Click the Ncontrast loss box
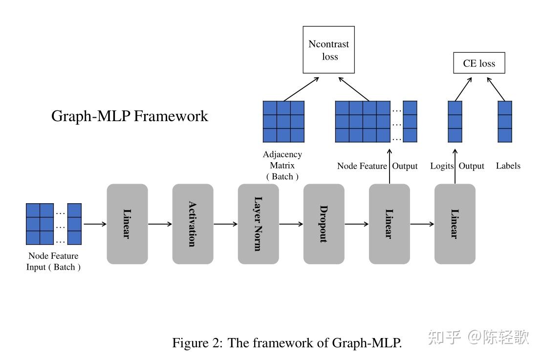click(328, 50)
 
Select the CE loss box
click(479, 64)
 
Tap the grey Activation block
click(193, 224)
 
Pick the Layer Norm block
click(258, 224)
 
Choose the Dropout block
click(324, 224)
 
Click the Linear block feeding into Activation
click(127, 224)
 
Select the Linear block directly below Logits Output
click(455, 224)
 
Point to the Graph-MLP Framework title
click(130, 116)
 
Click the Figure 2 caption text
click(286, 342)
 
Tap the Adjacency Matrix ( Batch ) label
click(282, 165)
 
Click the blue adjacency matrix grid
click(283, 122)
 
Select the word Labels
click(508, 166)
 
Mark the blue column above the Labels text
click(505, 122)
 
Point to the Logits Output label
click(457, 166)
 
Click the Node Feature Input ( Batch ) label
click(53, 261)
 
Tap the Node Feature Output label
click(377, 166)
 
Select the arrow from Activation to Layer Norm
click(225, 224)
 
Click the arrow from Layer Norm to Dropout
click(291, 224)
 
